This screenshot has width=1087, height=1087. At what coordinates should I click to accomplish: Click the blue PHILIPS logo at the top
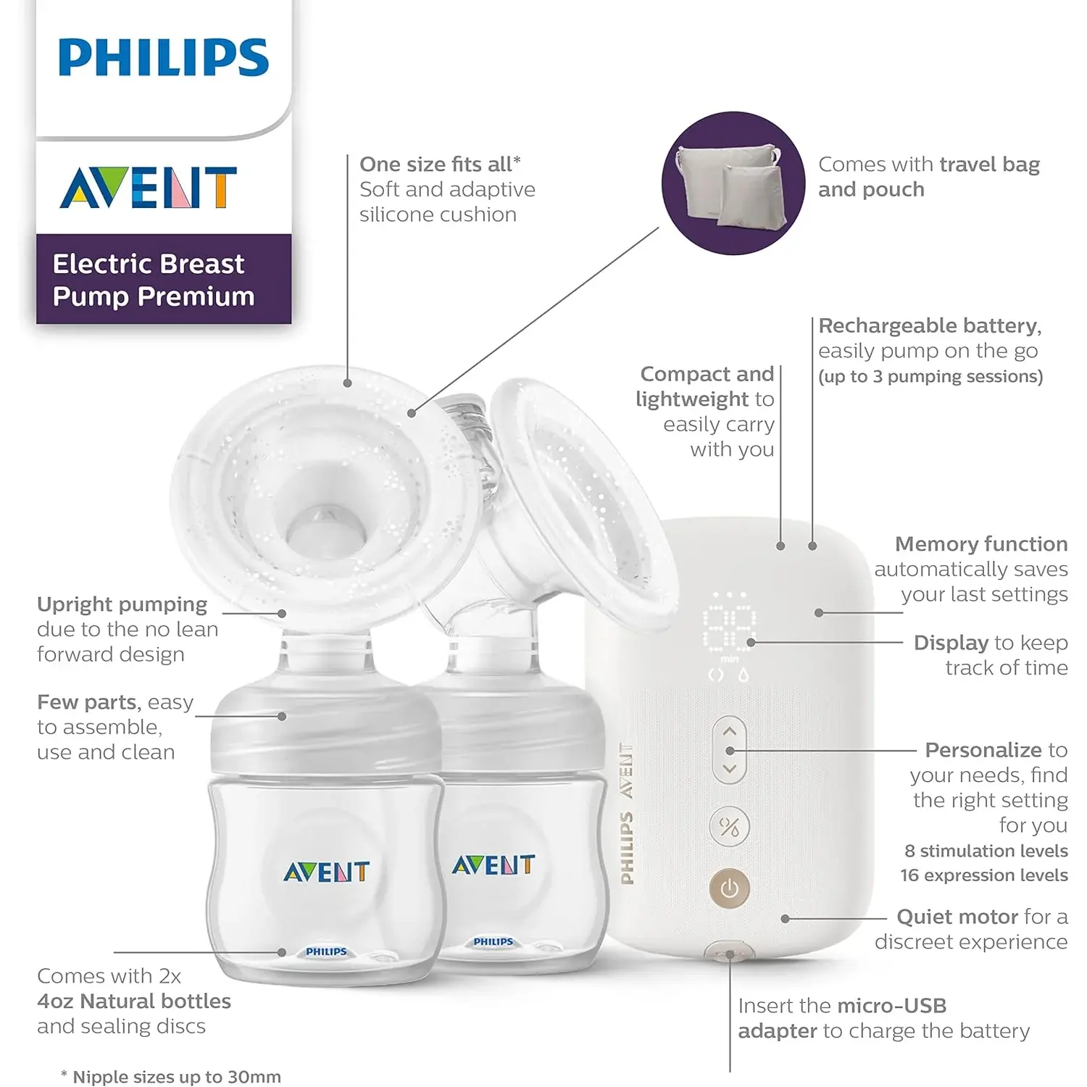pyautogui.click(x=164, y=58)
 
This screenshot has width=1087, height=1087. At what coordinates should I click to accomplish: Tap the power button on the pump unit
pyautogui.click(x=729, y=888)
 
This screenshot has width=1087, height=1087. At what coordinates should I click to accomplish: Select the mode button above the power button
pyautogui.click(x=729, y=826)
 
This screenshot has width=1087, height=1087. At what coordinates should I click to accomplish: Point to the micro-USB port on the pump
pyautogui.click(x=730, y=952)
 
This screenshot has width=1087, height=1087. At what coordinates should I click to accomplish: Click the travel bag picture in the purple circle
pyautogui.click(x=732, y=184)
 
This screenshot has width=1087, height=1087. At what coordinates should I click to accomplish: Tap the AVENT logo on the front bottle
pyautogui.click(x=326, y=872)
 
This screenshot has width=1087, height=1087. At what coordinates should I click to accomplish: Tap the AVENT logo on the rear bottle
pyautogui.click(x=493, y=865)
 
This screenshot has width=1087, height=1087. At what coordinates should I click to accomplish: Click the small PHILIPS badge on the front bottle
pyautogui.click(x=326, y=951)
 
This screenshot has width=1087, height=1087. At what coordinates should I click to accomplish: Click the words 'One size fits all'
pyautogui.click(x=440, y=164)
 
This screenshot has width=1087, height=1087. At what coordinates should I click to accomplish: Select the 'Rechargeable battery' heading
pyautogui.click(x=930, y=326)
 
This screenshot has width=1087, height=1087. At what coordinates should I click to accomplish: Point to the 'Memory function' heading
pyautogui.click(x=981, y=544)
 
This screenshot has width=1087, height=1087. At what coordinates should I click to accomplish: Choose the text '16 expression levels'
pyautogui.click(x=983, y=875)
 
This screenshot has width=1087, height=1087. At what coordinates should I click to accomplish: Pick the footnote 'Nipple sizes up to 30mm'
pyautogui.click(x=176, y=1077)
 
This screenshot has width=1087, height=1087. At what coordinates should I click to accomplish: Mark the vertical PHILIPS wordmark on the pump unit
pyautogui.click(x=627, y=848)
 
